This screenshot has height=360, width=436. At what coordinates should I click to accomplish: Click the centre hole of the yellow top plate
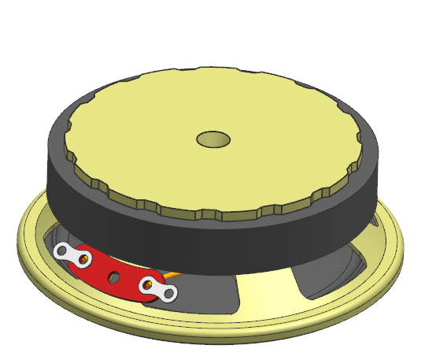click(212, 139)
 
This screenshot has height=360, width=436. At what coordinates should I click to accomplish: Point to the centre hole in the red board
click(115, 276)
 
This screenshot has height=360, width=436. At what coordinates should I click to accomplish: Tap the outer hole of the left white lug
click(61, 251)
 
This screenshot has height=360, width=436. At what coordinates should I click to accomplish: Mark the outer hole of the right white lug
click(168, 294)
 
